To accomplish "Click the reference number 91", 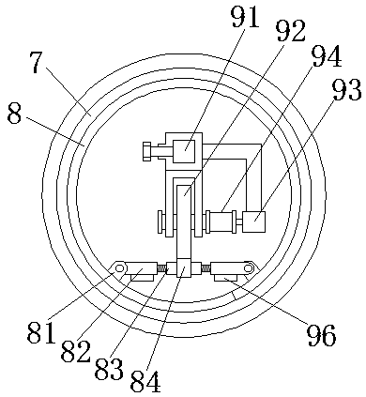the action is click(x=245, y=16).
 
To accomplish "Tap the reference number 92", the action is click(x=291, y=31).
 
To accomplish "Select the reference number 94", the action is click(x=327, y=55).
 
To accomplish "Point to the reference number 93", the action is click(x=346, y=89).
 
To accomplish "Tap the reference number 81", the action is click(x=41, y=332).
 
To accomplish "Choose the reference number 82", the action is click(x=75, y=350).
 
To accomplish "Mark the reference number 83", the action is click(x=109, y=368).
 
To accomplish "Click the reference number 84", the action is click(x=145, y=381).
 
